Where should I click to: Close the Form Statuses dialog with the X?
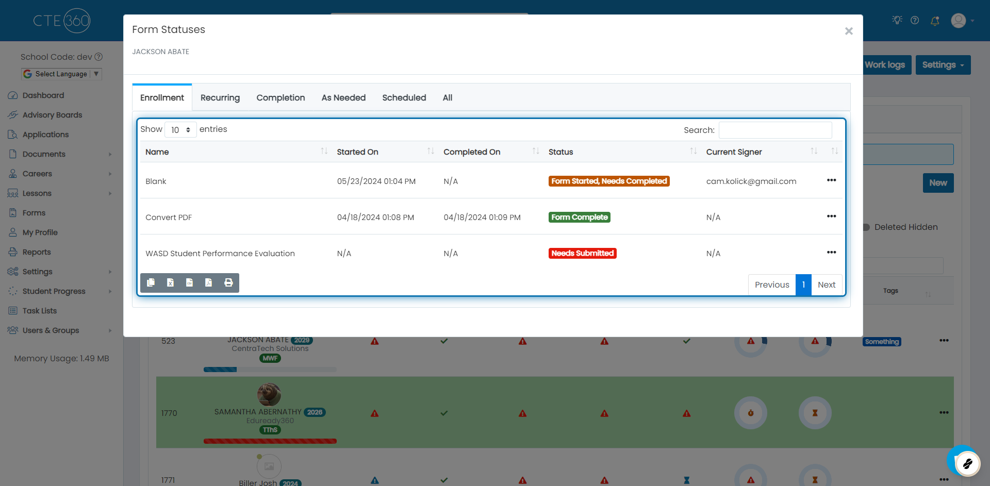coord(849,31)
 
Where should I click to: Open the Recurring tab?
coord(220,98)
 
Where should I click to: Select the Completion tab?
coord(280,98)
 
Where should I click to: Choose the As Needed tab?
coord(343,98)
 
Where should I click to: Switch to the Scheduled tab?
coord(404,98)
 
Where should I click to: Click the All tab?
coord(448,98)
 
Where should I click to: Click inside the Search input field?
coord(775,130)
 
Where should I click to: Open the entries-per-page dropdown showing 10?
coord(180,130)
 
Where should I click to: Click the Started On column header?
coord(358,152)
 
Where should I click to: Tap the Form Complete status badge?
coord(579,217)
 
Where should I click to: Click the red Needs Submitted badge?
coord(582,254)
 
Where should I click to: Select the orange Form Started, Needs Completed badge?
coord(609,181)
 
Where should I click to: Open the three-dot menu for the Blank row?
coord(831,180)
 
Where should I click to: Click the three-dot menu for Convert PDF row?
coord(831,216)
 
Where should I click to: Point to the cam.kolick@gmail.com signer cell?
coord(751,181)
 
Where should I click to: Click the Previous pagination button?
coord(772,285)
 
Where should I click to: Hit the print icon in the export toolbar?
coord(228,282)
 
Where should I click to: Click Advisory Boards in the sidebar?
coord(52,115)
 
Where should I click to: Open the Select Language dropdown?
coord(62,74)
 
